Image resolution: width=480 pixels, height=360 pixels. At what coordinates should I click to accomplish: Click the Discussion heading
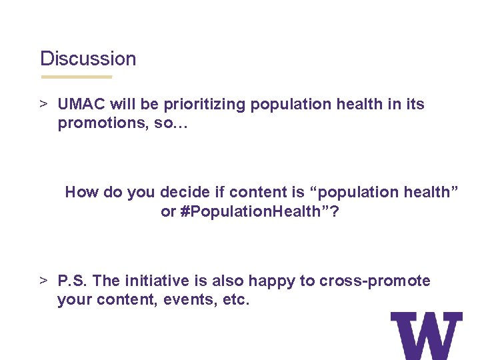88,59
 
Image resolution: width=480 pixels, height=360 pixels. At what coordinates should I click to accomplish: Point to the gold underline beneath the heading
76,77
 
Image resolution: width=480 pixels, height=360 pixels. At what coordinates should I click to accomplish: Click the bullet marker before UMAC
43,105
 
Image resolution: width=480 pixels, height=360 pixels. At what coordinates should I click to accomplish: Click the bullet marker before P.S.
43,281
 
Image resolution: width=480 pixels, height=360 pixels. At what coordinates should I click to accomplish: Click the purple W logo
426,335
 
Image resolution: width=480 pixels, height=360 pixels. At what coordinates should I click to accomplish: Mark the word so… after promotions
172,124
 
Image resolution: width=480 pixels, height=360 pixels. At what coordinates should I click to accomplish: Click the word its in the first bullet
415,105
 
